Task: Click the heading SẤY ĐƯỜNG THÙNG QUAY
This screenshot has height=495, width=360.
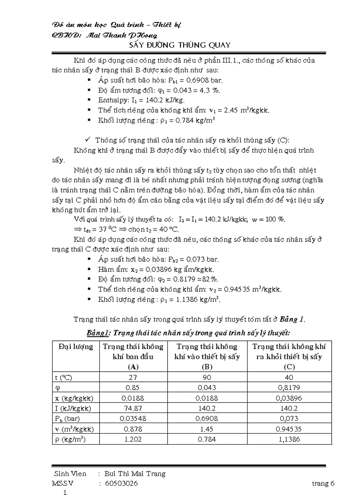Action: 180,45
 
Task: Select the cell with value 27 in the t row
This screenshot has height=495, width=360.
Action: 133,377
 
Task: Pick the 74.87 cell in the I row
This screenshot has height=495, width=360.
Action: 133,408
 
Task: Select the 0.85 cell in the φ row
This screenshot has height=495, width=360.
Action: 133,388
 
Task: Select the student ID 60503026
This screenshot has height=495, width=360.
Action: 121,484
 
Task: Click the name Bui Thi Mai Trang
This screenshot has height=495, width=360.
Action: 135,474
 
